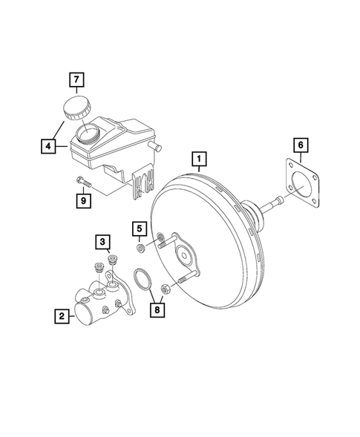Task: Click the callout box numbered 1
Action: coord(198,158)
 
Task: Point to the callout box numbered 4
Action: coord(48,147)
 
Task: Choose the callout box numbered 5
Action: coord(140,227)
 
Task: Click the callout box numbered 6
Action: coord(299,144)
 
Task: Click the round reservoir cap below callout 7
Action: coord(74,107)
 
